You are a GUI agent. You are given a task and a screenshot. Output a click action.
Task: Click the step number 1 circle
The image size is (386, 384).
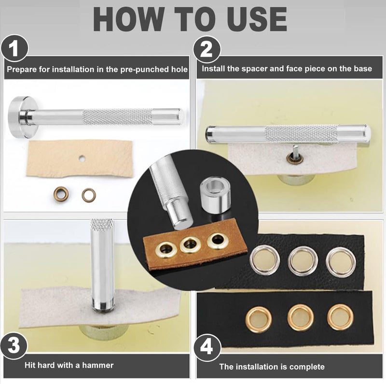point(14,48)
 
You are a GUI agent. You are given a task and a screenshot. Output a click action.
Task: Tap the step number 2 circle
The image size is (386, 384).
point(207,50)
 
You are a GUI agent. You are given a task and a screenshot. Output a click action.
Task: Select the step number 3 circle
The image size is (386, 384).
point(14,345)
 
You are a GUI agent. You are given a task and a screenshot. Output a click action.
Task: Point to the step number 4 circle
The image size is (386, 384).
point(207,347)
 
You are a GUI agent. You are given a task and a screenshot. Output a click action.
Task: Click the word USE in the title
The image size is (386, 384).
point(257,19)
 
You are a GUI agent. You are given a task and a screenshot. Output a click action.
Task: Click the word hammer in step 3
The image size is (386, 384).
point(98,365)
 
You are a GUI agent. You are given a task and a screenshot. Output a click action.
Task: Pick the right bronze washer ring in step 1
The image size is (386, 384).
point(89,195)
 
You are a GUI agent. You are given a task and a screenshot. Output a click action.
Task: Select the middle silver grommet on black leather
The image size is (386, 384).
point(303,261)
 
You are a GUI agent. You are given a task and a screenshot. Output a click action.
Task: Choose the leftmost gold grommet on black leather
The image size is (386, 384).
point(259,320)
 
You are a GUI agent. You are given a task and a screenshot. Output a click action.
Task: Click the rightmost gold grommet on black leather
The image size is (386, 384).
point(340,317)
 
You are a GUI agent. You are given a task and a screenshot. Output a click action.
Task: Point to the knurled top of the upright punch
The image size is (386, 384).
point(102,224)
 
